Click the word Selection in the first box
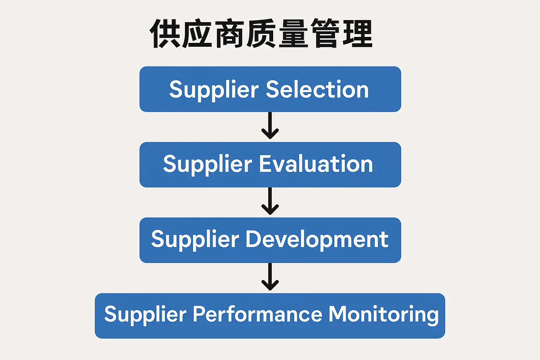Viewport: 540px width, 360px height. [317, 90]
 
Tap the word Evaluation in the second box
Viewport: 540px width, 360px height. [316, 164]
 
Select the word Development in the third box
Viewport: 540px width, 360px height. [317, 240]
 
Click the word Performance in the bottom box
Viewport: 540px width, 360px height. [257, 314]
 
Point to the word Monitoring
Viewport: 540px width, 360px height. [384, 314]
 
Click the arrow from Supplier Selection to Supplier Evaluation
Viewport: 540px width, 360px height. [270, 126]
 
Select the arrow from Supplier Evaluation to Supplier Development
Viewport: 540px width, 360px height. [270, 201]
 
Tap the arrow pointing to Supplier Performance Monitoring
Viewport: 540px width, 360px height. [270, 277]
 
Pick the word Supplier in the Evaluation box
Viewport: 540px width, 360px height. [207, 165]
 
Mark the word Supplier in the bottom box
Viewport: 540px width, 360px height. [145, 315]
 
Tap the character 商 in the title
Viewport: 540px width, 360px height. [229, 34]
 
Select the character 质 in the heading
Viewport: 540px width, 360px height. [261, 34]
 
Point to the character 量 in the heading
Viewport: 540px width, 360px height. [293, 34]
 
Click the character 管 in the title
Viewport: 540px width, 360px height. [326, 34]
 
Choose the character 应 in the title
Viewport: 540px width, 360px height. [197, 34]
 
